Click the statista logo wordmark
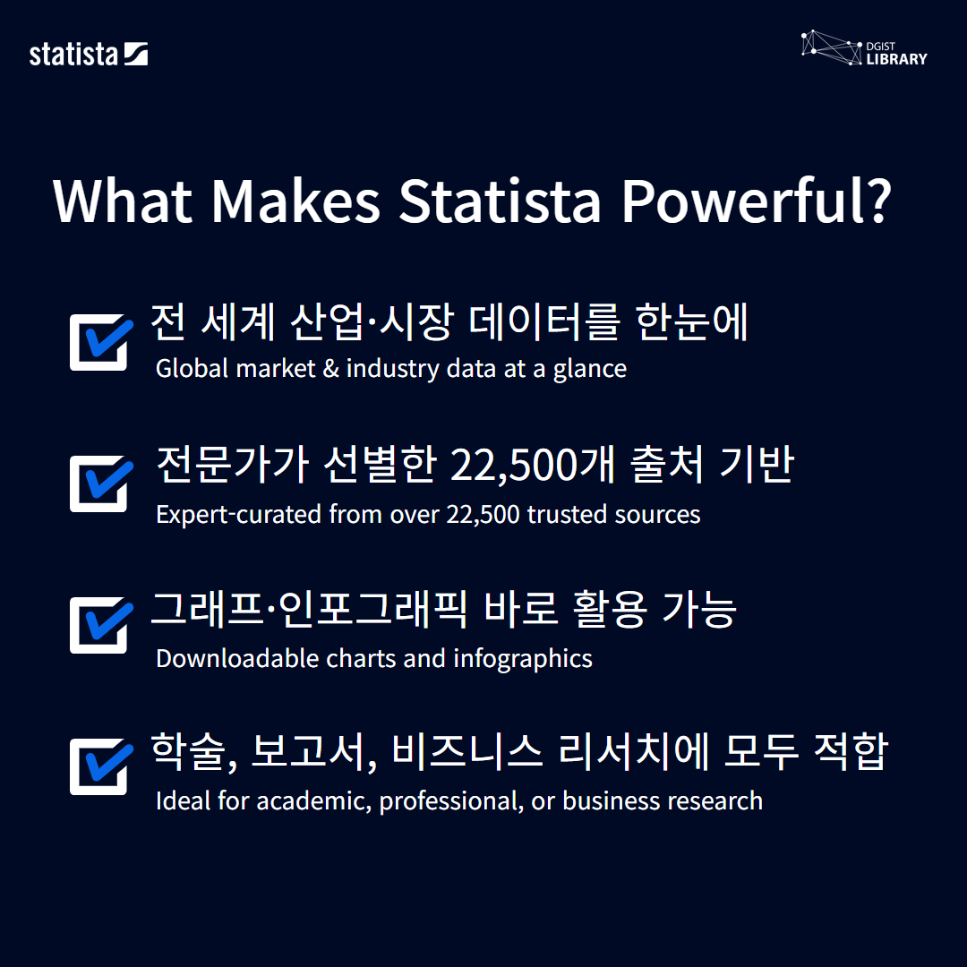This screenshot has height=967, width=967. click(88, 55)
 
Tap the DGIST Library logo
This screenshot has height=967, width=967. click(864, 48)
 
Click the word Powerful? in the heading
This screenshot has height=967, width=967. click(756, 201)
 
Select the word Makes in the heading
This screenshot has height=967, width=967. click(295, 201)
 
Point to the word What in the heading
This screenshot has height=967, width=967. click(123, 201)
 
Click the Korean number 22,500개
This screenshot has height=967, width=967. click(533, 465)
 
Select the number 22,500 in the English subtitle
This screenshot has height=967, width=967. click(483, 514)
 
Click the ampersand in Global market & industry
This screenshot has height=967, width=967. click(331, 368)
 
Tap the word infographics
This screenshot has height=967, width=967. click(523, 659)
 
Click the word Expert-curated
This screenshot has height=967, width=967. click(239, 515)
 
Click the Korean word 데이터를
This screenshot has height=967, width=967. click(543, 321)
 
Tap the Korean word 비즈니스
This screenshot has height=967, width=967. click(466, 751)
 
